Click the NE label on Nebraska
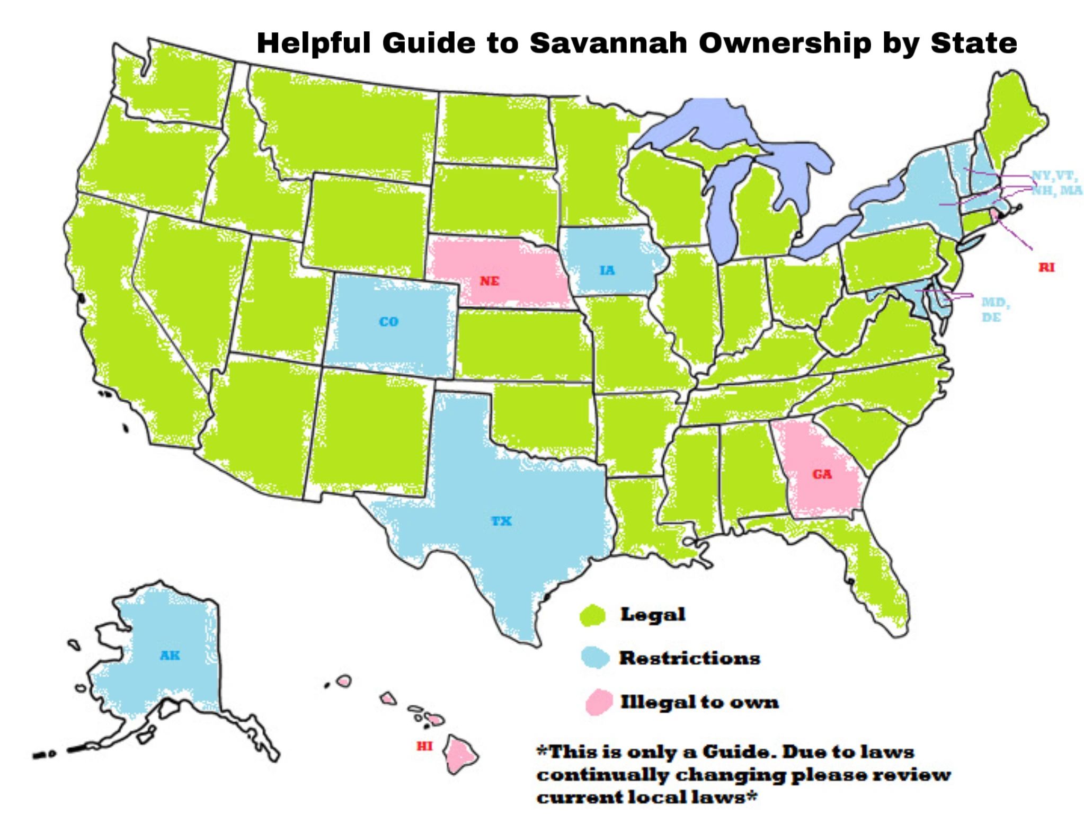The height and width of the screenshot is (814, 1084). tap(489, 281)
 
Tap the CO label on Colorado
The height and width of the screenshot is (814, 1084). tap(388, 322)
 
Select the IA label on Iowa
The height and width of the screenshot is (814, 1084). tap(607, 270)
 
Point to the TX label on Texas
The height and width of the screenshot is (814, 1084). tap(501, 521)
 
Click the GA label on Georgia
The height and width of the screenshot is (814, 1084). tap(822, 474)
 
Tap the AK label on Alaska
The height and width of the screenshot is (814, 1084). tap(170, 656)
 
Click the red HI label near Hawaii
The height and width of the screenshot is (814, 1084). tap(424, 746)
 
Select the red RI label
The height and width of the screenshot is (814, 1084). tap(1046, 268)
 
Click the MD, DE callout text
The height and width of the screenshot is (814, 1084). tap(995, 309)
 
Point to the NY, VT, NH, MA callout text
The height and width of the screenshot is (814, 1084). tap(1056, 183)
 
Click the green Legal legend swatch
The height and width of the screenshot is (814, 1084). tap(592, 616)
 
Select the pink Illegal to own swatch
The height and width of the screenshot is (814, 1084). tap(599, 702)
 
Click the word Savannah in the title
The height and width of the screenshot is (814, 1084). tap(608, 43)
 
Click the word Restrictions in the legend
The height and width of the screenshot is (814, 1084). tap(690, 658)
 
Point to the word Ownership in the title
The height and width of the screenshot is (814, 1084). tap(785, 44)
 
